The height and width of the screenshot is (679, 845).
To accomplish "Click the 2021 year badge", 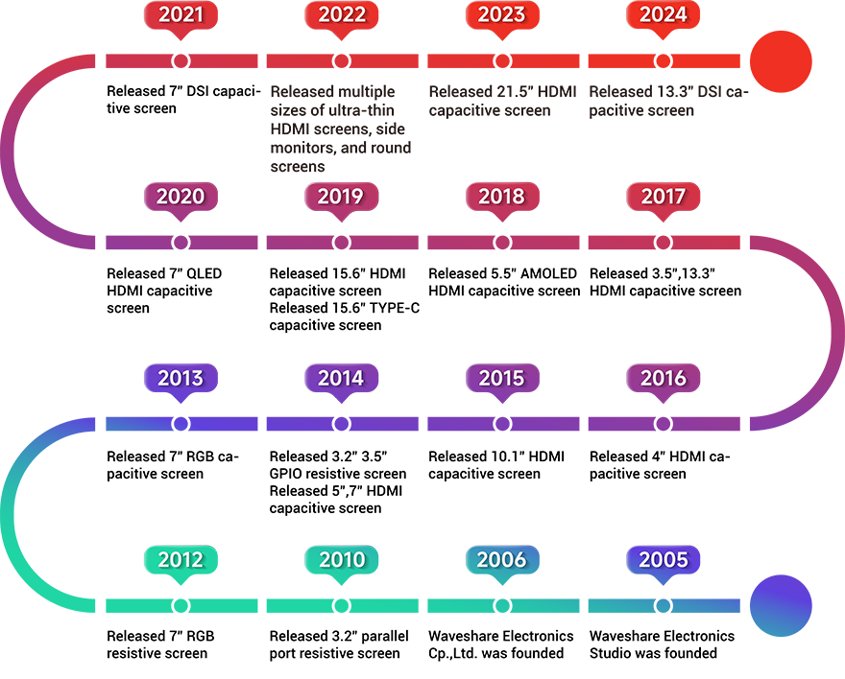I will click(181, 14).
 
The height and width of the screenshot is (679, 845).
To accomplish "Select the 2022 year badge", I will click(342, 14).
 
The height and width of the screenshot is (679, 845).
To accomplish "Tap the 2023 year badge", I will click(502, 14).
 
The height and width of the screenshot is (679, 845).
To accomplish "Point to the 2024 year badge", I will click(664, 14).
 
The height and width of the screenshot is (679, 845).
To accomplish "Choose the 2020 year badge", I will click(181, 196).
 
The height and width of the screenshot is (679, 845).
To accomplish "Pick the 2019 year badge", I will click(341, 196).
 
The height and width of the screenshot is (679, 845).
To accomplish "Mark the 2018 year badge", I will click(502, 196).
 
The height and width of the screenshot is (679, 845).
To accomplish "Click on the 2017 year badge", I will click(664, 196).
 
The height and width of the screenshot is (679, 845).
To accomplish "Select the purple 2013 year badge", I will click(181, 378).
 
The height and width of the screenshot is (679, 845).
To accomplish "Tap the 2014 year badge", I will click(341, 378).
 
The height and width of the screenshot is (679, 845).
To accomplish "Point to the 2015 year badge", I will click(502, 378).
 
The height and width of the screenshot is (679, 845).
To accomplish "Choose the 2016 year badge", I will click(664, 378).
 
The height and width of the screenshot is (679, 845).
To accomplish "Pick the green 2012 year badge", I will click(181, 559).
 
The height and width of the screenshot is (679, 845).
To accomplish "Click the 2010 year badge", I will click(341, 559).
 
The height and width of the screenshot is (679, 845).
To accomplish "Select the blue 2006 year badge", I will click(502, 559).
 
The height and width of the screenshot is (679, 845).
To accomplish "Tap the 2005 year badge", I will click(664, 559).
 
